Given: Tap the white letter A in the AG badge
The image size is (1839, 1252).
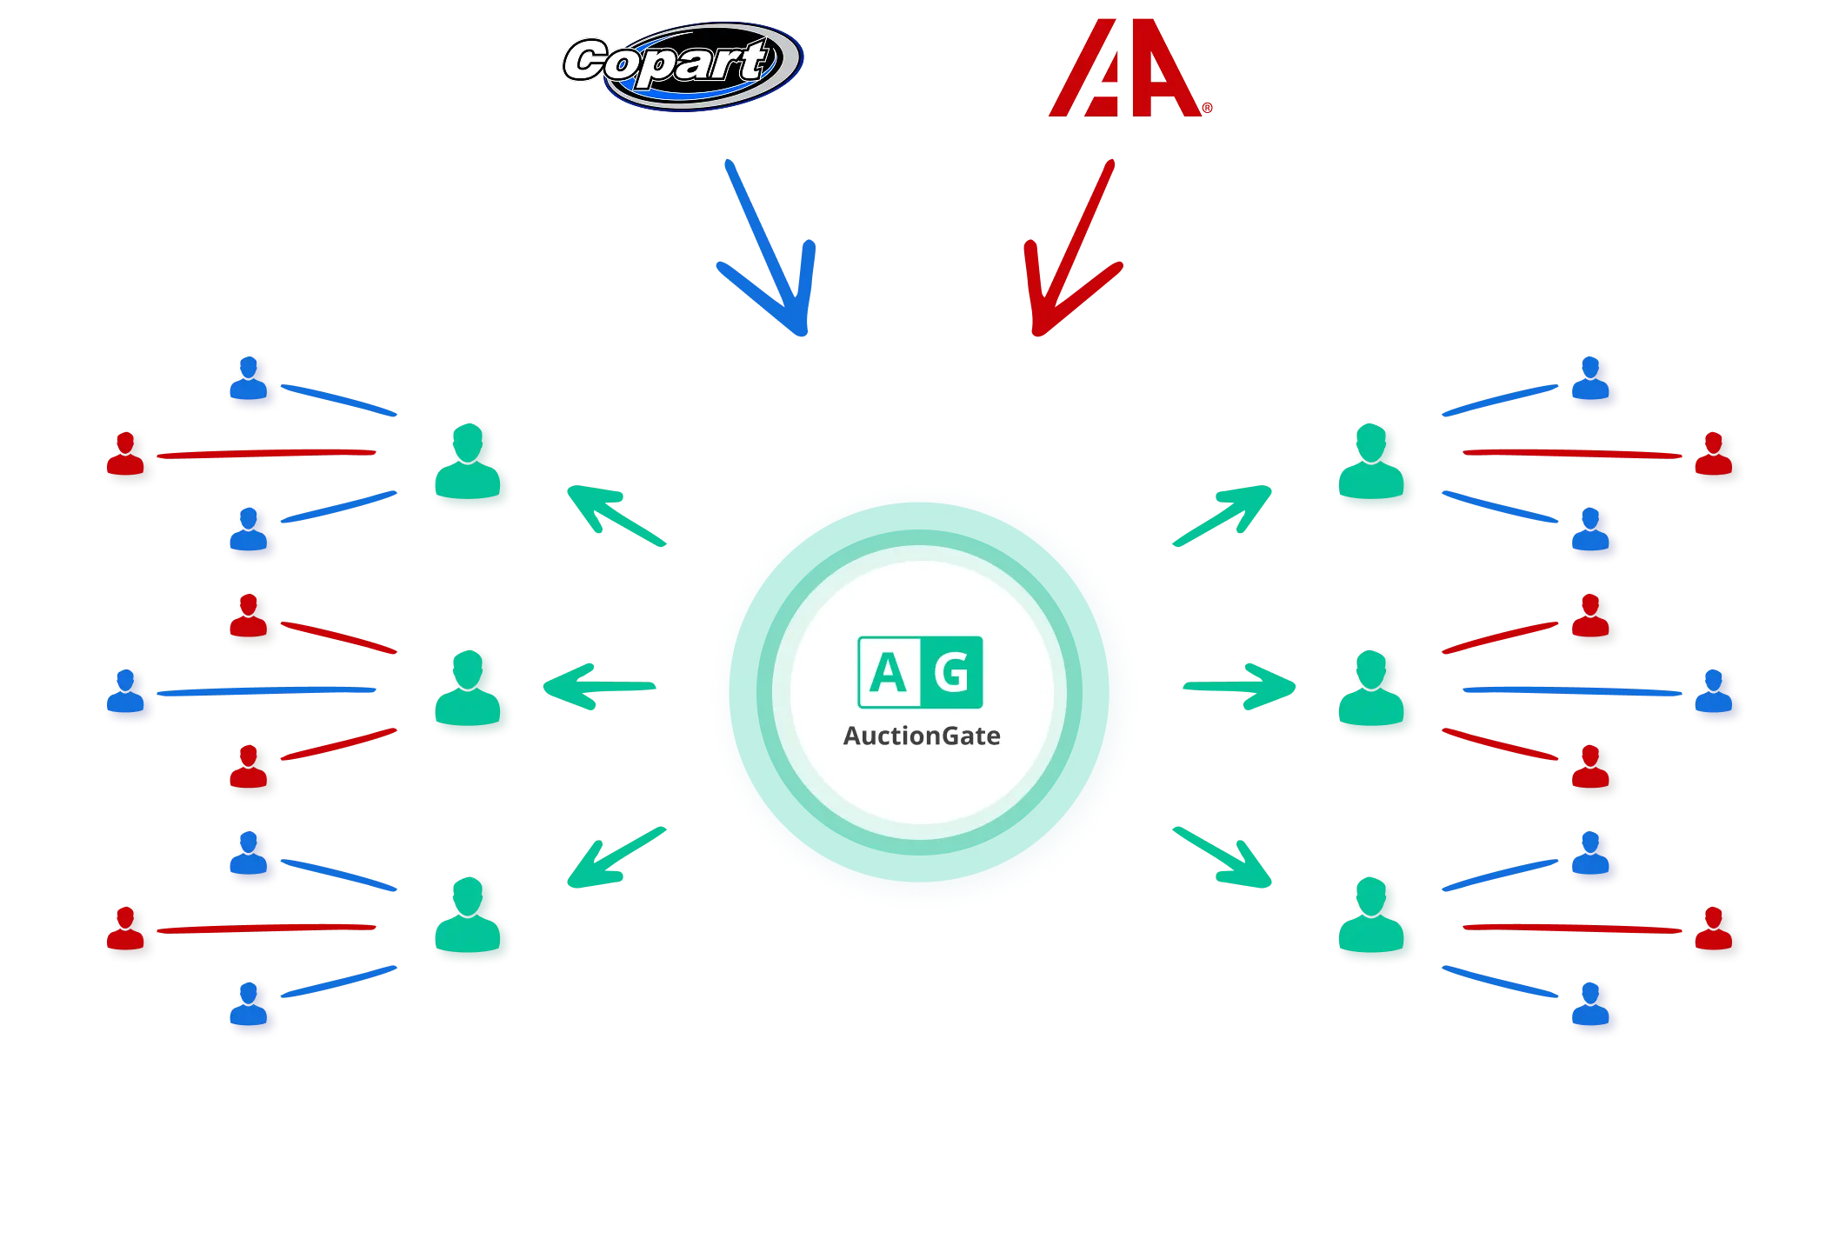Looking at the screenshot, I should (888, 672).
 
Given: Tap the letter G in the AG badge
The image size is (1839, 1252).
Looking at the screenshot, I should (951, 672).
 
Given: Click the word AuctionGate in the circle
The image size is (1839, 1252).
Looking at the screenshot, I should (922, 736).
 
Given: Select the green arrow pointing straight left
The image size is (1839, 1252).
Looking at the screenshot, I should (600, 688).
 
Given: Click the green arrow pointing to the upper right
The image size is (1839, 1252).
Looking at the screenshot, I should (1222, 516).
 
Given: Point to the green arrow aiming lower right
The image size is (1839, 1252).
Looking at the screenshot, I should (1222, 857).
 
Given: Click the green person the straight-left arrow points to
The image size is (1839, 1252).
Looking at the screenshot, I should (471, 694).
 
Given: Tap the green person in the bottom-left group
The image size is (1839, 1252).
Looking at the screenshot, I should (471, 920).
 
